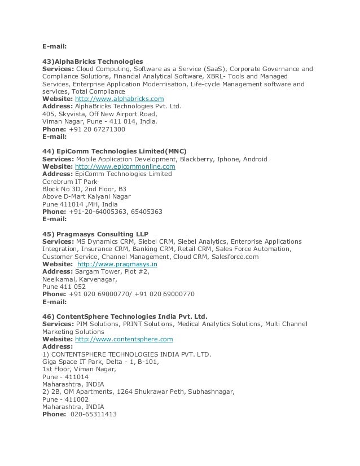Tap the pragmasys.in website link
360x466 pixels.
pyautogui.click(x=117, y=264)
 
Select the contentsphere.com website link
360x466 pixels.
pyautogui.click(x=124, y=340)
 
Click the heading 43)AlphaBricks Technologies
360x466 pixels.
pyautogui.click(x=93, y=61)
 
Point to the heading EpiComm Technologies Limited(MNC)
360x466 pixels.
pyautogui.click(x=114, y=151)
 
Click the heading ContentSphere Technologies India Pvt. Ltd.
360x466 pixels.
pyautogui.click(x=125, y=316)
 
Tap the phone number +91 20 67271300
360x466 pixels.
pyautogui.click(x=96, y=129)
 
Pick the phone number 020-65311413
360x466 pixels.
pyautogui.click(x=93, y=414)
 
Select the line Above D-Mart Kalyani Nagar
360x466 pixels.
pyautogui.click(x=86, y=197)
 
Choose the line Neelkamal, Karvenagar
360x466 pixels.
pyautogui.click(x=80, y=279)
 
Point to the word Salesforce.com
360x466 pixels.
pyautogui.click(x=235, y=257)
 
